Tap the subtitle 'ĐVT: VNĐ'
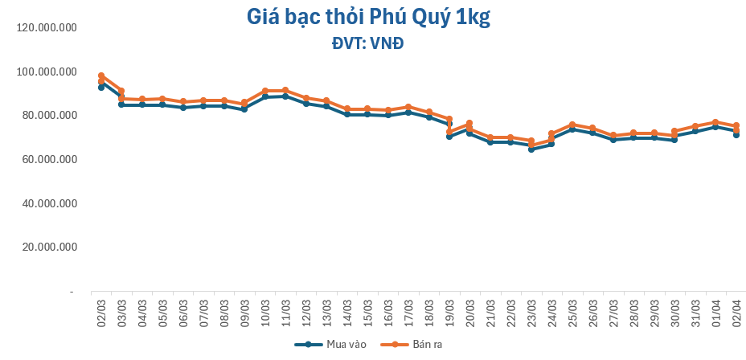click(x=367, y=43)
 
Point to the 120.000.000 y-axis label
click(x=46, y=28)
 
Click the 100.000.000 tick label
click(x=46, y=72)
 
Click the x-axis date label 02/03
click(x=102, y=310)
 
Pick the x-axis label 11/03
click(x=286, y=310)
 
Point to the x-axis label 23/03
click(x=531, y=310)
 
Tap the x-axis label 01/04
click(x=715, y=310)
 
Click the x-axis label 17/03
click(x=409, y=310)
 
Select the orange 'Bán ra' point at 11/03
click(x=285, y=91)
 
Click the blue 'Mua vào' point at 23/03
click(x=531, y=149)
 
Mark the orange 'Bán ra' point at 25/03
click(x=572, y=125)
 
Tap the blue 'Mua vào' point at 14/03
click(x=347, y=114)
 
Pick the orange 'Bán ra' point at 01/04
click(x=715, y=122)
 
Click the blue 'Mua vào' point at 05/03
click(x=162, y=104)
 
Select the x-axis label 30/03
click(x=674, y=310)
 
